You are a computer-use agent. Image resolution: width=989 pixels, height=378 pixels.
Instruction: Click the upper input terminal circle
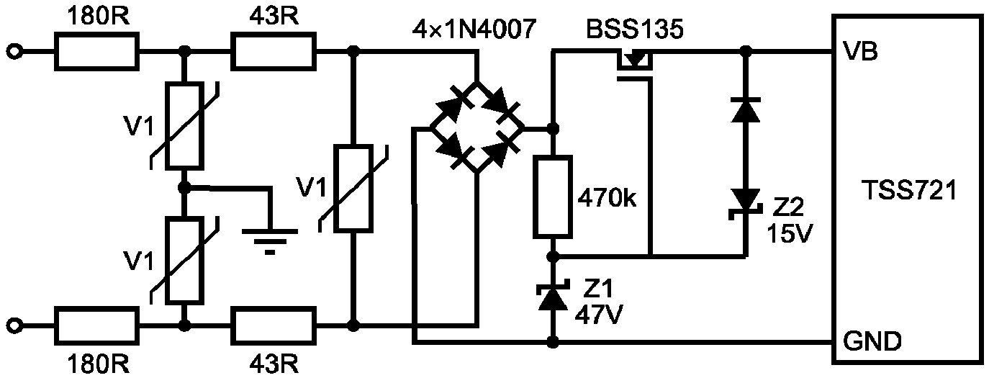(14, 52)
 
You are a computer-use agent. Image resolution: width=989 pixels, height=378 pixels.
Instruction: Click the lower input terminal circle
(14, 326)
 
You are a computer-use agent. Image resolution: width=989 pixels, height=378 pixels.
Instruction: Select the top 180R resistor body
(96, 51)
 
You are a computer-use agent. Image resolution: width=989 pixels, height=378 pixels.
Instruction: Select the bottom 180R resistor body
(96, 325)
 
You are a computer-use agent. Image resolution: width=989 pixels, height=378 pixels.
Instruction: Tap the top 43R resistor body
(274, 51)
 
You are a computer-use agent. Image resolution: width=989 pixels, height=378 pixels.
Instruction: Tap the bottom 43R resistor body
(274, 325)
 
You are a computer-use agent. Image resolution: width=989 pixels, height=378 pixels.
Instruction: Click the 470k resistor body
(552, 197)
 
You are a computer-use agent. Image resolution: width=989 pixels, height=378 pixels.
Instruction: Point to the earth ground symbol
(270, 240)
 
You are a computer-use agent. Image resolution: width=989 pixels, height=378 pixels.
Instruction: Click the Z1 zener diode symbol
(553, 295)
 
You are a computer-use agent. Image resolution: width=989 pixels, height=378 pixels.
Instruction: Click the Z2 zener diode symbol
(746, 203)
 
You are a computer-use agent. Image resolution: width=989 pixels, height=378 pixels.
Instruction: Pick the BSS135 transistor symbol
(634, 66)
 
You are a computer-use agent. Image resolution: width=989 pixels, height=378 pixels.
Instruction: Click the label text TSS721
(909, 191)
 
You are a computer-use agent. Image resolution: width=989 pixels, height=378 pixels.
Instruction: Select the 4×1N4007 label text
(474, 29)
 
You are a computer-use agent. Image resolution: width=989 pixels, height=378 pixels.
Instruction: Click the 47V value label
(599, 315)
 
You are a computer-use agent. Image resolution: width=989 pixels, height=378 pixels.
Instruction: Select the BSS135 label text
(634, 29)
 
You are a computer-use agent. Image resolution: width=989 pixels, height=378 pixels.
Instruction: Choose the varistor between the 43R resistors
(353, 189)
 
